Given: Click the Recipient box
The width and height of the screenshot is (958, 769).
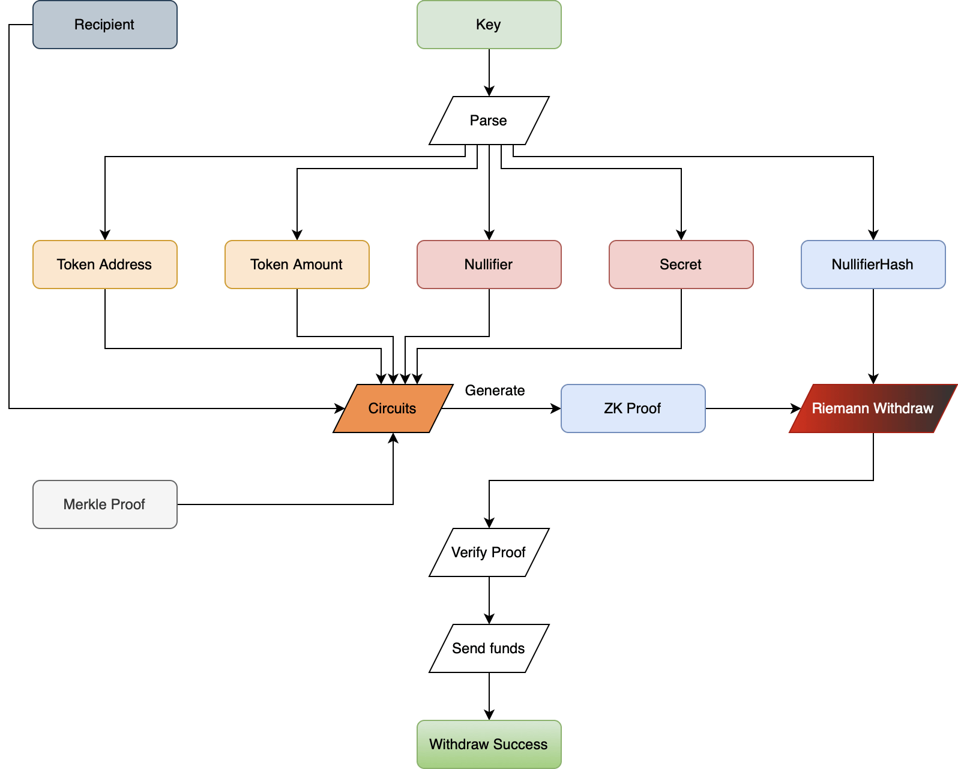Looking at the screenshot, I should (x=104, y=25).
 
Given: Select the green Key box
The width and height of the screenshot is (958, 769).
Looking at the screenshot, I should (x=489, y=25).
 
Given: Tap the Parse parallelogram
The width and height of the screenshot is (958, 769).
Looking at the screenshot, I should (x=489, y=121).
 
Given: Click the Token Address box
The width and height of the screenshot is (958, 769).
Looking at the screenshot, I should (x=104, y=265).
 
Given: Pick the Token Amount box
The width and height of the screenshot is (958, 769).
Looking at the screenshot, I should (x=297, y=265).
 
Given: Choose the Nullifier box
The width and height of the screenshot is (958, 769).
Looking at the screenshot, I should (x=489, y=265).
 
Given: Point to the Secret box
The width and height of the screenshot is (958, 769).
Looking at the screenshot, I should (x=681, y=265).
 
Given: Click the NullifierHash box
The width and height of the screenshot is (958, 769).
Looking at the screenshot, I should (x=873, y=265).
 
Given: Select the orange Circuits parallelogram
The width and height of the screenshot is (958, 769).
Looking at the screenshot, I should (x=393, y=408).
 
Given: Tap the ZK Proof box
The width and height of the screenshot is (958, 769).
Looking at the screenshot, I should (x=633, y=408).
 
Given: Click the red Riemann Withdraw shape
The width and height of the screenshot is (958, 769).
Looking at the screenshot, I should (x=873, y=408).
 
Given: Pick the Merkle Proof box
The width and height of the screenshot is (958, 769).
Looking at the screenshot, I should (x=104, y=504).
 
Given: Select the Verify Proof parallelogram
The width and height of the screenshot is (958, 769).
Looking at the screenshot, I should (x=489, y=552).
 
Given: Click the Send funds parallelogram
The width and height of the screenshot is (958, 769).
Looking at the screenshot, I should (x=489, y=648).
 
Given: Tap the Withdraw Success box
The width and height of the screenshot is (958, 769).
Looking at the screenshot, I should (x=489, y=744).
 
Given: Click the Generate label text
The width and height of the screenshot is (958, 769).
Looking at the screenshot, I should (x=495, y=390).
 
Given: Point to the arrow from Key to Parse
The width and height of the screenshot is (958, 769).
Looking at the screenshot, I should (x=489, y=72).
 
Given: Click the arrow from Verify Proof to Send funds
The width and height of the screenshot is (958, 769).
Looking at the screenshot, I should (x=489, y=600).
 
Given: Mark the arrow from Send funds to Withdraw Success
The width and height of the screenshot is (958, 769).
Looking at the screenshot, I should (x=489, y=696).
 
